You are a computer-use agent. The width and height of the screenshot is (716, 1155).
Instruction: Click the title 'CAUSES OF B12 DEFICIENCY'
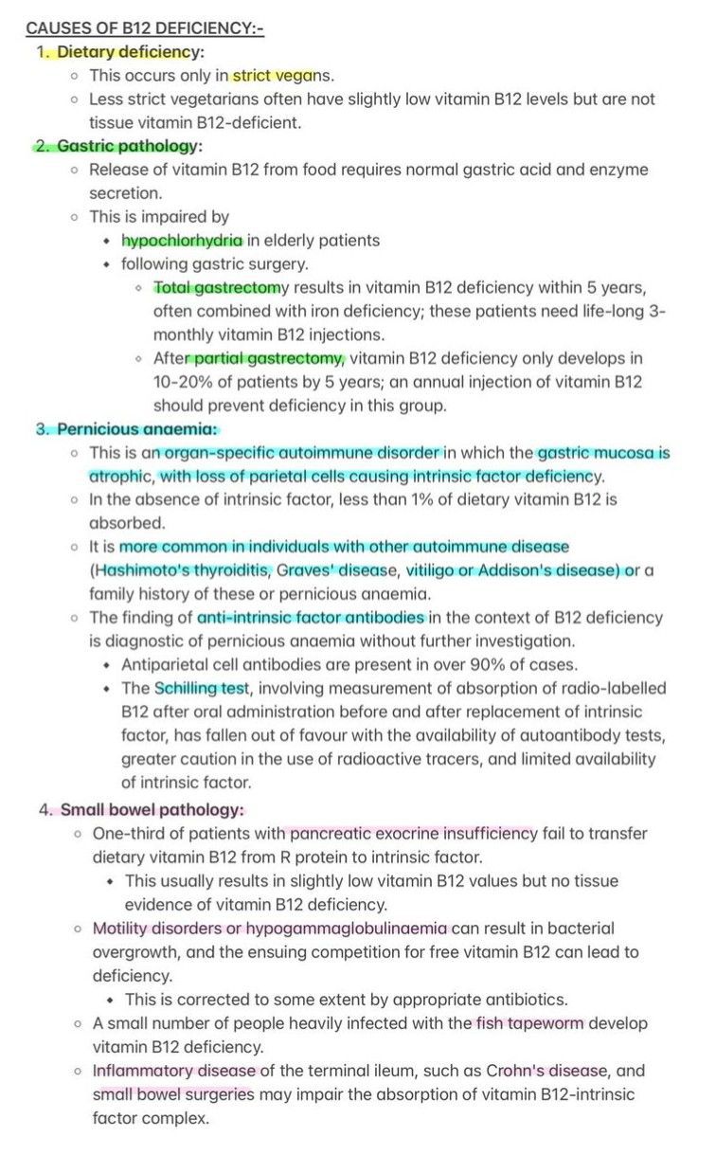(x=144, y=28)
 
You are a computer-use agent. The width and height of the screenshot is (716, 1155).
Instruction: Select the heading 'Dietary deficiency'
(x=131, y=52)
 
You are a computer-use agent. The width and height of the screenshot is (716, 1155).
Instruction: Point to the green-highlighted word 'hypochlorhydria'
(x=182, y=240)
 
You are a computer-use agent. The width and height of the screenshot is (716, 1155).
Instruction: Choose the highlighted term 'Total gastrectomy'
(x=217, y=287)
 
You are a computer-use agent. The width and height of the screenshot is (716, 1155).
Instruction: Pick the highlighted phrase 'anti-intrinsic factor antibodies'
(x=311, y=617)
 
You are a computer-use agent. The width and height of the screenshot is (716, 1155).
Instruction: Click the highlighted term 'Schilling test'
(x=199, y=688)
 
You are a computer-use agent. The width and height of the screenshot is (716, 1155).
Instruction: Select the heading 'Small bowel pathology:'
(x=152, y=809)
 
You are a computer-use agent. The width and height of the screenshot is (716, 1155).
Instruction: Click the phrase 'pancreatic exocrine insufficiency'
(x=413, y=833)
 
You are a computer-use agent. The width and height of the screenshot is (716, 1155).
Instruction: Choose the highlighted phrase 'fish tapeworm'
(x=529, y=1023)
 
